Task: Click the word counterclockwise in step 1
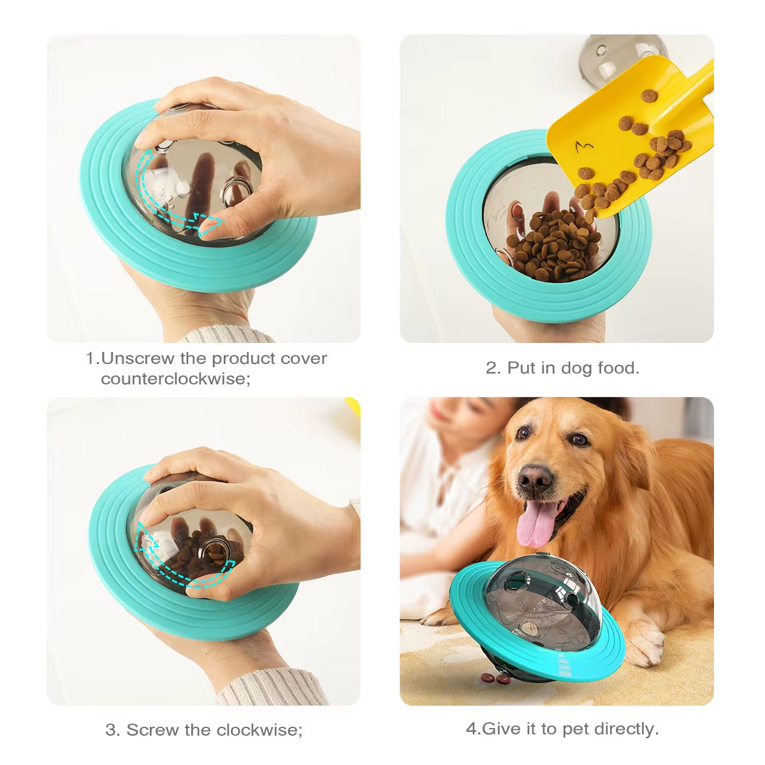tap(175, 379)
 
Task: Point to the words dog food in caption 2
tap(599, 368)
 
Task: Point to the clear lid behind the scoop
tap(612, 54)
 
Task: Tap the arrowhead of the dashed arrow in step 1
tap(210, 223)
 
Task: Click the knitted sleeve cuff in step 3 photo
tap(274, 688)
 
